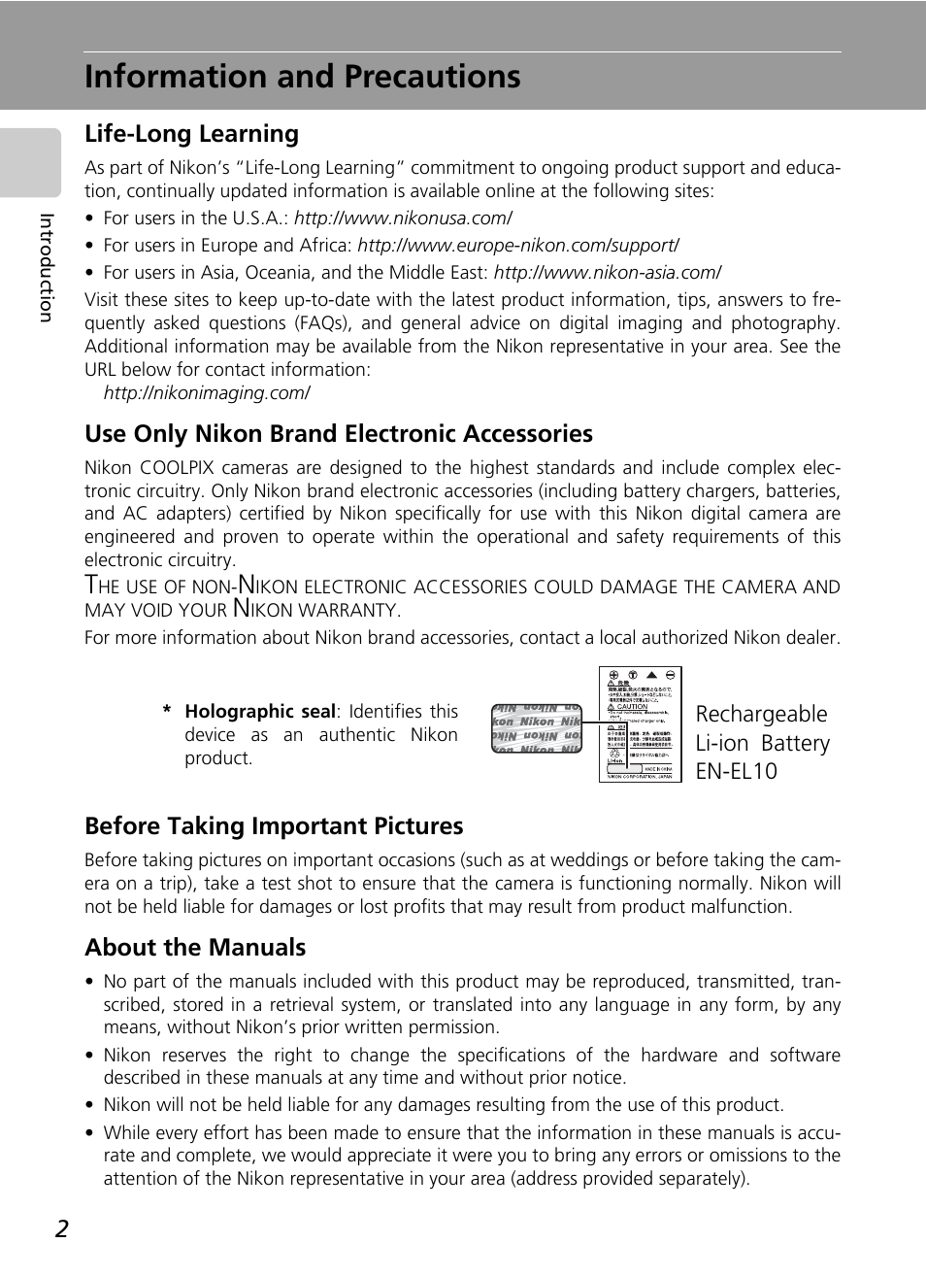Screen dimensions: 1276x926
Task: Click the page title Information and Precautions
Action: [x=302, y=77]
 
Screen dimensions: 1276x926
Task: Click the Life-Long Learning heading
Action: [x=191, y=134]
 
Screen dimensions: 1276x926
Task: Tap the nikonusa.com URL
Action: [x=403, y=218]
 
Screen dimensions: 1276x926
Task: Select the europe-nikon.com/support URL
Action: [x=517, y=246]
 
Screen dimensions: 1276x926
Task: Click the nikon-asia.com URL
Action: [x=607, y=273]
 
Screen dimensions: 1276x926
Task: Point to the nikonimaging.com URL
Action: [x=207, y=393]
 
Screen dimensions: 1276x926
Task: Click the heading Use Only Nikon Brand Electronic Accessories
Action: [x=338, y=434]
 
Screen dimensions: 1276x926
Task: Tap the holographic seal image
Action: [x=536, y=728]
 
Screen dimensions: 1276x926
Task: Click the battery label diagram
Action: [x=640, y=723]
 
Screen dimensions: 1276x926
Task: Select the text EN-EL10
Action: [x=736, y=771]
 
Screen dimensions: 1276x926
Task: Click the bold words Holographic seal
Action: [x=259, y=712]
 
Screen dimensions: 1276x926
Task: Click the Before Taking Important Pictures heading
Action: [x=274, y=826]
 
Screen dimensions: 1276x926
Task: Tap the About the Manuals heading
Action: [x=195, y=948]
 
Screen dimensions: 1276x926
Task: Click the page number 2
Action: [x=62, y=1229]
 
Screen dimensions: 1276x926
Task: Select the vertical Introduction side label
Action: [x=46, y=268]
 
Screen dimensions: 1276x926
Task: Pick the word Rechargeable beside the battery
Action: [x=761, y=715]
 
